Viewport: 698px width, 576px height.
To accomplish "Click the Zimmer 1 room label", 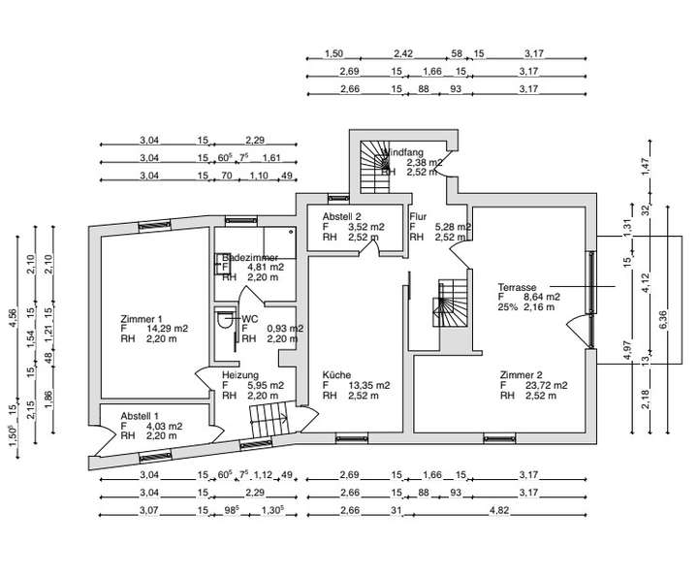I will [x=141, y=318].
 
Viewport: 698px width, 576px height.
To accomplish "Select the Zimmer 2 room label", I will [x=520, y=374].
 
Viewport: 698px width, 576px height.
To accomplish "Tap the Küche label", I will [x=336, y=374].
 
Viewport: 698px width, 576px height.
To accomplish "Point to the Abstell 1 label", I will [x=141, y=415].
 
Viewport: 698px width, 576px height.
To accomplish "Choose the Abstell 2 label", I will [x=341, y=216].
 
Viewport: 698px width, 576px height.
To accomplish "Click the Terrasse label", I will [x=518, y=287].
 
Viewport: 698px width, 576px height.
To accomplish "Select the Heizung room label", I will [x=238, y=374].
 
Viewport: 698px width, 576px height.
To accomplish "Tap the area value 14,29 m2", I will [x=166, y=329].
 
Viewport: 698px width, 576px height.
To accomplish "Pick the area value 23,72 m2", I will [x=546, y=385].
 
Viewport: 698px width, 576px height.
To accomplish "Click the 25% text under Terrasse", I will [x=508, y=307].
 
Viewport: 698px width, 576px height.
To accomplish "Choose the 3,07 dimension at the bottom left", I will [x=148, y=511].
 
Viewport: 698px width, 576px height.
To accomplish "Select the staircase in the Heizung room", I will [x=269, y=419].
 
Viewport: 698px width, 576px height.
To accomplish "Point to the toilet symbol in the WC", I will [x=226, y=322].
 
